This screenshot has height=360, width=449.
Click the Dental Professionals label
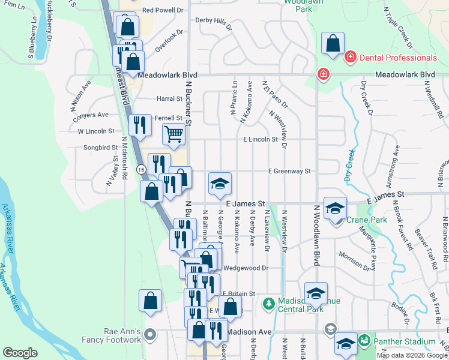398,58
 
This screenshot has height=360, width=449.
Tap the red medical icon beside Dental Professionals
349,58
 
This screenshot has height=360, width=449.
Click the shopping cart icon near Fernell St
173,133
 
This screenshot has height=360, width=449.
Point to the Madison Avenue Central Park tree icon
268,305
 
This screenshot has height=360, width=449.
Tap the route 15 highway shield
140,170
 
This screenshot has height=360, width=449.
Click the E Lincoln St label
261,139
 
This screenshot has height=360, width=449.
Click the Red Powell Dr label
162,10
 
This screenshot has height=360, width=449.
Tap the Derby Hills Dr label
214,23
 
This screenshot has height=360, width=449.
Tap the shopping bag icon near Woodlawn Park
333,44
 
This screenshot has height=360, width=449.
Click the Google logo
20,353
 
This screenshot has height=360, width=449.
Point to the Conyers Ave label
91,115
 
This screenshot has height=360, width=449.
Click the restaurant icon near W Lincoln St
139,125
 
